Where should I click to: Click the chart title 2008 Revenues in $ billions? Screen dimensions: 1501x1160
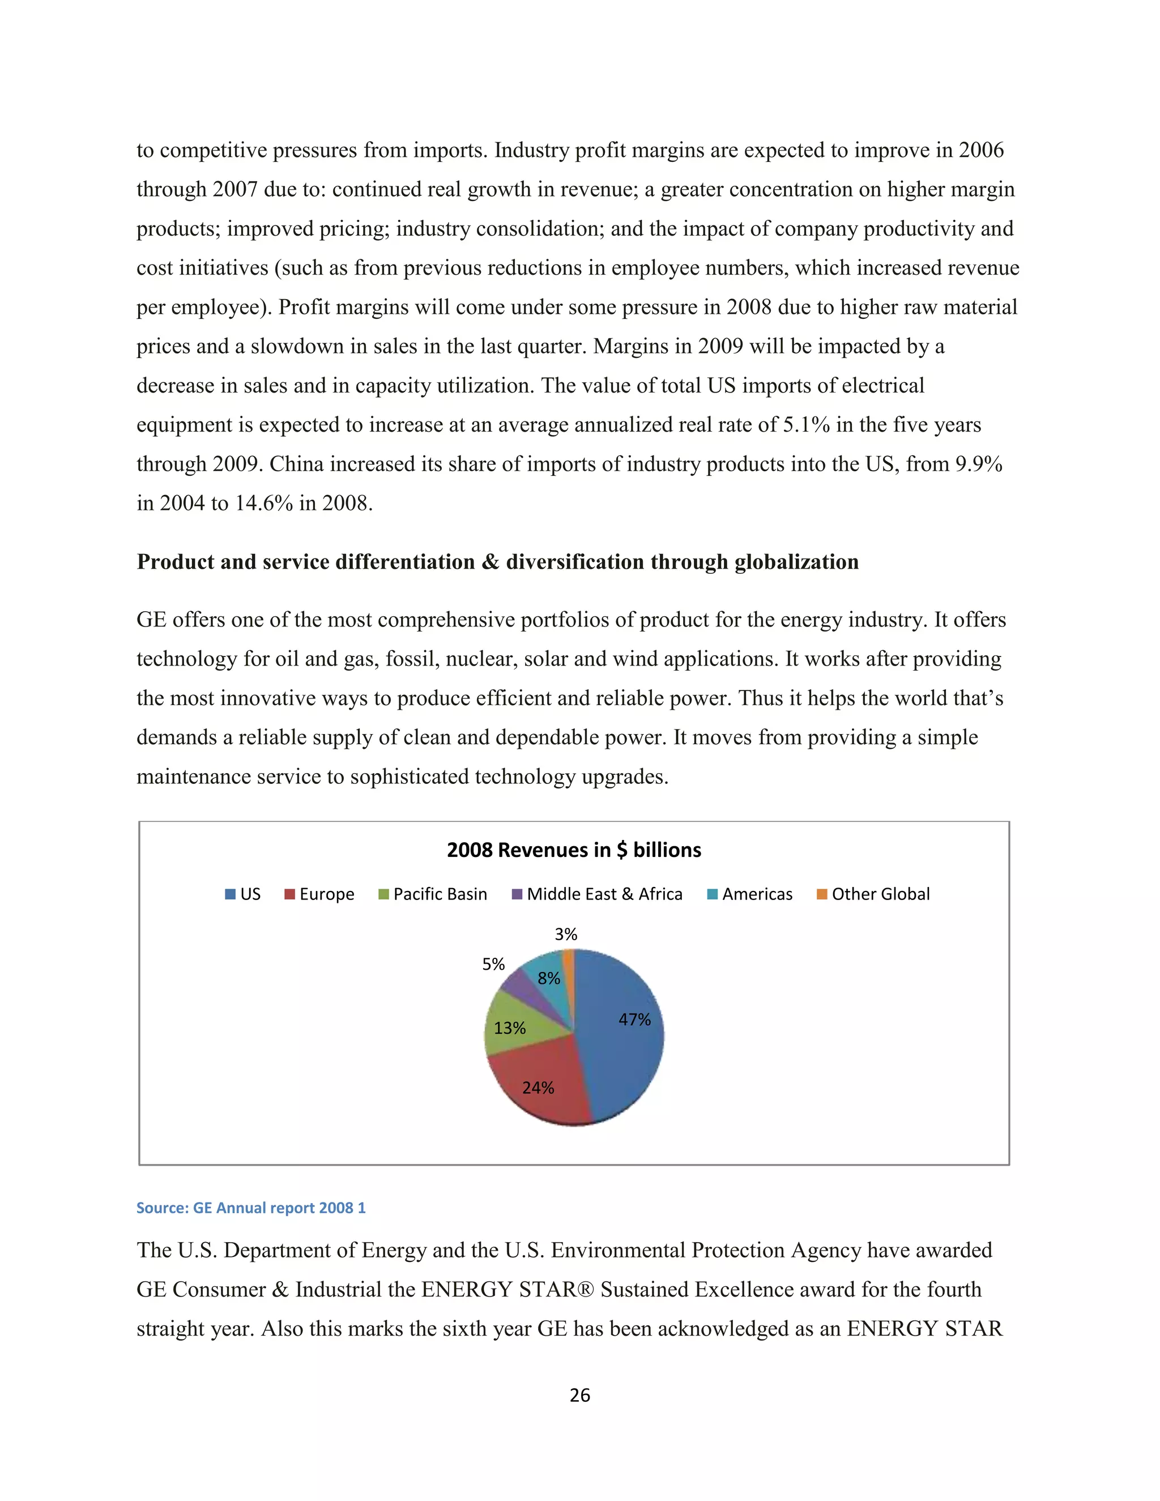click(574, 850)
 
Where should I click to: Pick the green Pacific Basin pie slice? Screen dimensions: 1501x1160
click(512, 1024)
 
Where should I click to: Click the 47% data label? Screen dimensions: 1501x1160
click(634, 1019)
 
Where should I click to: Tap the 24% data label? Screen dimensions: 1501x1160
click(538, 1088)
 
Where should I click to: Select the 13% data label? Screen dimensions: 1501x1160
click(509, 1028)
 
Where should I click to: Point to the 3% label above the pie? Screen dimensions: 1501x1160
click(566, 934)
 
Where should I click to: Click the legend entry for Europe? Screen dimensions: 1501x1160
click(319, 894)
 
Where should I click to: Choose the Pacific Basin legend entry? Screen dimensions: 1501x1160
click(433, 894)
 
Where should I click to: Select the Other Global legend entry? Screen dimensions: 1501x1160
click(873, 894)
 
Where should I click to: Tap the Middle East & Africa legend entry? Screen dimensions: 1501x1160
click(598, 894)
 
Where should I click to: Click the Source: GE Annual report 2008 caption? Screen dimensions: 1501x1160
click(251, 1208)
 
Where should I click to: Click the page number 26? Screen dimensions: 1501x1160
click(580, 1395)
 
